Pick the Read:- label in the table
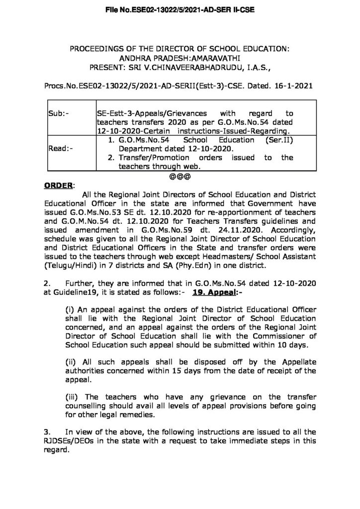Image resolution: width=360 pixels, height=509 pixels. click(x=59, y=148)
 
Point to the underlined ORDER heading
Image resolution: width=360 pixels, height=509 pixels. click(x=58, y=185)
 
